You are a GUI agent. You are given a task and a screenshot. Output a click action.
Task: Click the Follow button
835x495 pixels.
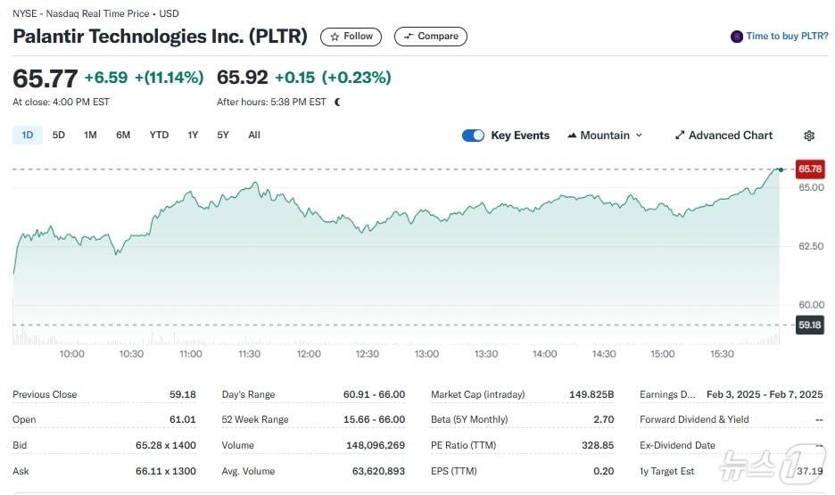click(x=351, y=37)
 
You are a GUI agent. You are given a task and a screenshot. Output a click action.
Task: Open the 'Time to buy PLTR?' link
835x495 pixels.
click(x=780, y=37)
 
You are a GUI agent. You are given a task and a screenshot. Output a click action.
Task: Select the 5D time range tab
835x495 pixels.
click(x=59, y=136)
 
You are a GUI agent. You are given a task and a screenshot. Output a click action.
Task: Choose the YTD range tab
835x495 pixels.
click(x=159, y=136)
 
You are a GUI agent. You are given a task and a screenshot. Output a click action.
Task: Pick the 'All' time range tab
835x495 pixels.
click(x=254, y=136)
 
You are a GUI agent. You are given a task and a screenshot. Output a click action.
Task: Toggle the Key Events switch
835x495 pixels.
click(x=473, y=136)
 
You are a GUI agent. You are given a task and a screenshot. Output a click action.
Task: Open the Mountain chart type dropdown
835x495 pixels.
click(x=605, y=136)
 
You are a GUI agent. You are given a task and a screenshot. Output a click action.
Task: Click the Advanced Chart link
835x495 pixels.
click(x=723, y=136)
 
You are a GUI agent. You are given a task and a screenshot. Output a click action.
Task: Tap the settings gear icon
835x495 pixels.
click(x=809, y=136)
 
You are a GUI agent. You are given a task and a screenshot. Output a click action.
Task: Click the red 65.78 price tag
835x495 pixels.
click(x=810, y=169)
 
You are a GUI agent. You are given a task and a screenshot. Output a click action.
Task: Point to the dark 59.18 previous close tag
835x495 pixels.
click(x=810, y=325)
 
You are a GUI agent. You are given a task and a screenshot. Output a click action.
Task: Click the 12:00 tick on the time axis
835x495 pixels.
click(x=309, y=354)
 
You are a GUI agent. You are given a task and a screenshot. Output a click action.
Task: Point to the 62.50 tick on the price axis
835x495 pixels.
click(x=810, y=246)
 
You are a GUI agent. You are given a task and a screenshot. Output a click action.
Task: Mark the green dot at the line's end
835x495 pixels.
click(x=781, y=169)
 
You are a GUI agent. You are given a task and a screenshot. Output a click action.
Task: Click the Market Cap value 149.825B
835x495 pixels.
click(x=591, y=394)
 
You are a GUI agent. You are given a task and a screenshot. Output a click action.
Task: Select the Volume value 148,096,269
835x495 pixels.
click(x=376, y=445)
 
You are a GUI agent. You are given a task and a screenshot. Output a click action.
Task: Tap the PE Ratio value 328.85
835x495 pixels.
click(x=597, y=445)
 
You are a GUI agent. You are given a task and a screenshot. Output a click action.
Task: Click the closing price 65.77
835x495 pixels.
click(x=45, y=78)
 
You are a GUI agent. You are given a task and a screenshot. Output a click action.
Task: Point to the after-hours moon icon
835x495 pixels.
click(x=337, y=102)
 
